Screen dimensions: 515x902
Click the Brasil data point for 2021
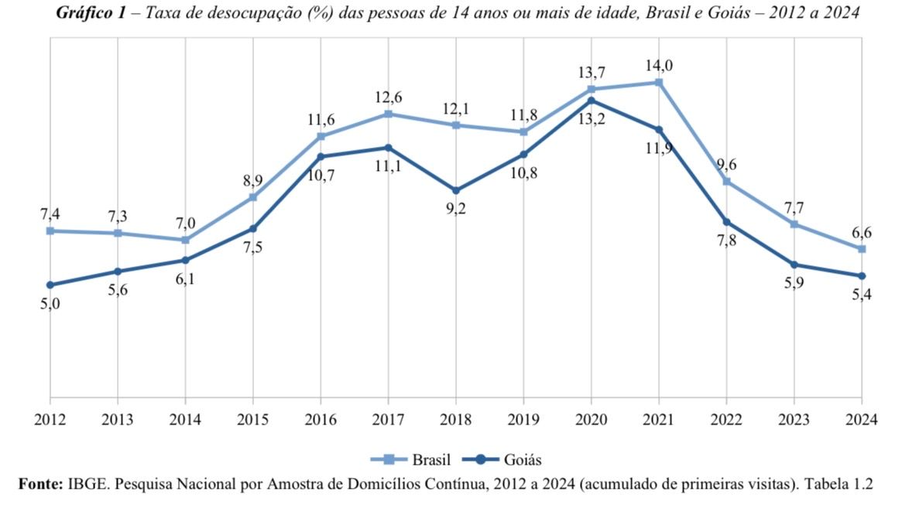[659, 82]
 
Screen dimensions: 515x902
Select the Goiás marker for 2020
[592, 101]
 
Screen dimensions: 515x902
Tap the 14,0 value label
[659, 66]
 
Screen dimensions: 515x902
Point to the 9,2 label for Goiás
[456, 209]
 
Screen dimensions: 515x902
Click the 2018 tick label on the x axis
[456, 420]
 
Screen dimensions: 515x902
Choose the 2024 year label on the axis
[862, 420]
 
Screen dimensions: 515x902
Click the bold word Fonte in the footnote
[39, 484]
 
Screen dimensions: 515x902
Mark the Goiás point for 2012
[50, 285]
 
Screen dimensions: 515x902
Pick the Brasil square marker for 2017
[389, 114]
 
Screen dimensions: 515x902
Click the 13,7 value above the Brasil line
[592, 73]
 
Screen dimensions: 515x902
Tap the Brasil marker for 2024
[862, 249]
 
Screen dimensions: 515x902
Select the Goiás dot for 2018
[456, 190]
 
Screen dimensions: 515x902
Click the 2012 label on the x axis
[50, 420]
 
